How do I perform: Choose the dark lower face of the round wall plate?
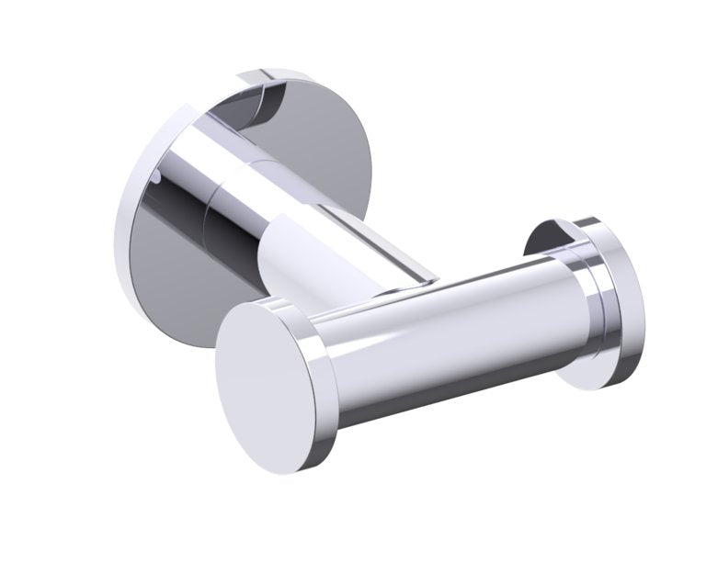(x=175, y=276)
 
